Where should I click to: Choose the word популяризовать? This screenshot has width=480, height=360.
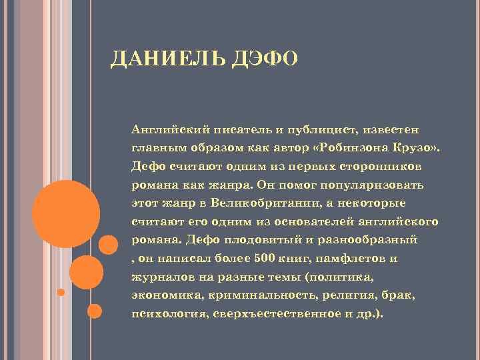tap(374, 183)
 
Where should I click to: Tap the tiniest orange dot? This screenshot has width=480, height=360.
tap(61, 292)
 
